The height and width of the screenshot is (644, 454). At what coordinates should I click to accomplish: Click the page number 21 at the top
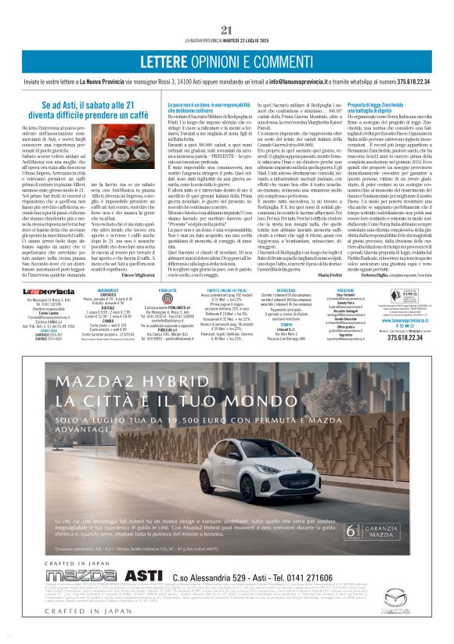(x=227, y=30)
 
